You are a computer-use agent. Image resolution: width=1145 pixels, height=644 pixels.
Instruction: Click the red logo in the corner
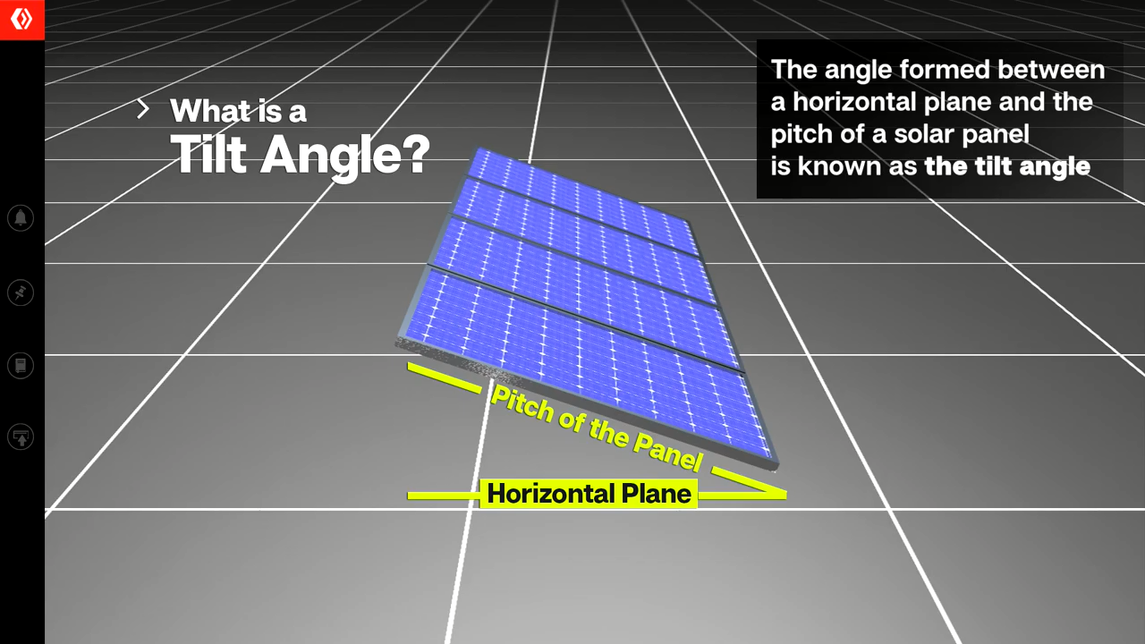[x=21, y=19]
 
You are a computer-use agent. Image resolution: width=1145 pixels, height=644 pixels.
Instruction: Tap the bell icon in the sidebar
[x=21, y=217]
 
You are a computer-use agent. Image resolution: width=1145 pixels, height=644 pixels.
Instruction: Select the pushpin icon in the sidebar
[x=21, y=292]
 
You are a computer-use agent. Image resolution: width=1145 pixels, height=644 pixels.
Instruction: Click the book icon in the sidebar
[x=21, y=365]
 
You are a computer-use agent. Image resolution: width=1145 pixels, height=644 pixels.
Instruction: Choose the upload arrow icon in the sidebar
[x=21, y=437]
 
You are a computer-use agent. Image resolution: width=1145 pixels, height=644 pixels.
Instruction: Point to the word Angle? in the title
[x=345, y=157]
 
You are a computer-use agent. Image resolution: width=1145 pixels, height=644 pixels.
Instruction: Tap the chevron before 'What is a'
[x=143, y=110]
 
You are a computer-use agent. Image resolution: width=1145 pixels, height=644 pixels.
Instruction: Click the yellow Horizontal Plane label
[x=589, y=494]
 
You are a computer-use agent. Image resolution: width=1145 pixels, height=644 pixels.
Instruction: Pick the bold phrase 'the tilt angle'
[x=1007, y=166]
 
